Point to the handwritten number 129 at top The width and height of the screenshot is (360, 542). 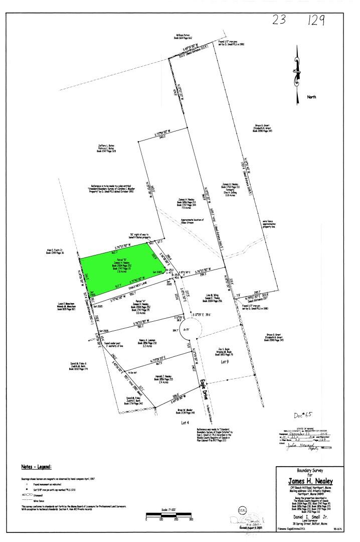[x=314, y=21]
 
